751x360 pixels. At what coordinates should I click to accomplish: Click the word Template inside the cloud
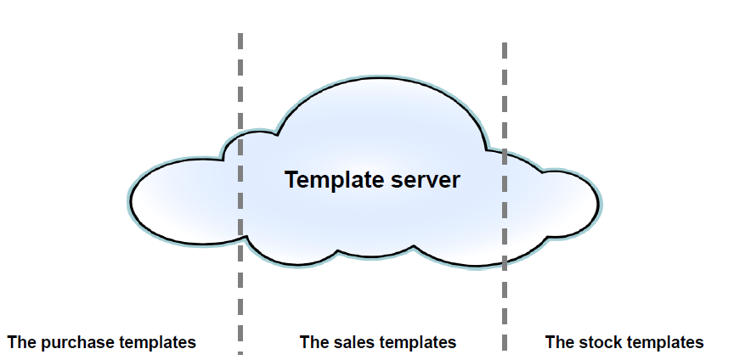tap(335, 181)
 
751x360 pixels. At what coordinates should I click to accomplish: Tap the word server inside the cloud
tap(426, 181)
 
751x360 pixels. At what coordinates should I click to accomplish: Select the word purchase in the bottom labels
tap(76, 343)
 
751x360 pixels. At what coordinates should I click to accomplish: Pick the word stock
tap(596, 343)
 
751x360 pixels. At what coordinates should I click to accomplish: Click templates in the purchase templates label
tap(157, 343)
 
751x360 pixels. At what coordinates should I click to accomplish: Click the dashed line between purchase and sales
tap(240, 194)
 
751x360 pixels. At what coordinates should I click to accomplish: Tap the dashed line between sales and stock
tap(505, 196)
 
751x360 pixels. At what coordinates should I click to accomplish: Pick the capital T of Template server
tap(292, 179)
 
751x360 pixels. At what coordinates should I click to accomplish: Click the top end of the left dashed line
tap(240, 33)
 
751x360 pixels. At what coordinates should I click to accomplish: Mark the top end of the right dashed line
tap(505, 43)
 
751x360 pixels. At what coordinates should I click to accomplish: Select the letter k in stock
tap(612, 343)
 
